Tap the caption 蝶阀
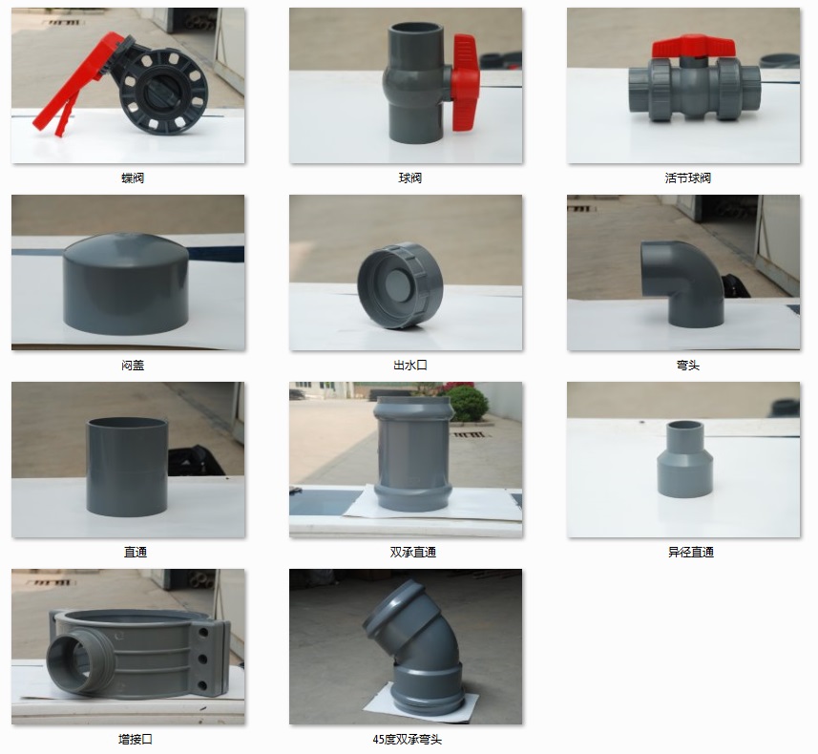[133, 178]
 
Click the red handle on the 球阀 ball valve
[466, 82]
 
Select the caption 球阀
[410, 178]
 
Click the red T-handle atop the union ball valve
[693, 47]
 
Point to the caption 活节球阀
[687, 178]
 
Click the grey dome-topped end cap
[126, 281]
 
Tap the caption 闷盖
[133, 366]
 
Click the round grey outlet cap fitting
[400, 285]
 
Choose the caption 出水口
[410, 366]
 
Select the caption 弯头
[687, 366]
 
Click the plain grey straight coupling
[127, 467]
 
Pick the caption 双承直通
[412, 552]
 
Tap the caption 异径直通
[691, 552]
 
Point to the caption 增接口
[136, 740]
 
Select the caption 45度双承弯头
[408, 740]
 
